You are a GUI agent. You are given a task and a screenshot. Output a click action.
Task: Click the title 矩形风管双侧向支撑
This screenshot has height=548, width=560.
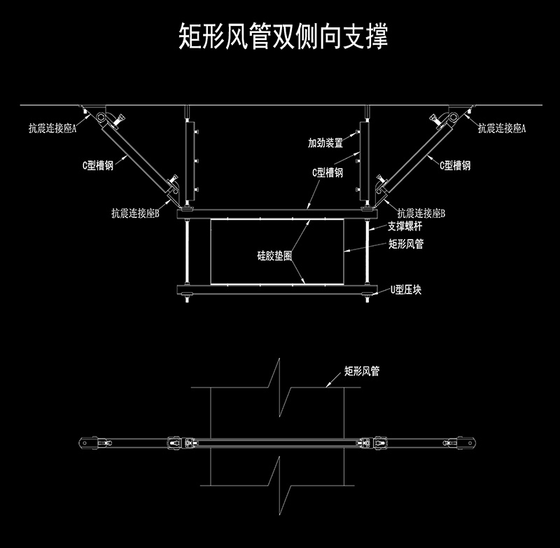(283, 36)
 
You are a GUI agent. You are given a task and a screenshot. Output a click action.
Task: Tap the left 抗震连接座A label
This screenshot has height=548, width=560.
(52, 128)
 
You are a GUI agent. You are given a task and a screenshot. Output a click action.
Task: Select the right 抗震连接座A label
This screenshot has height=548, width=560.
(502, 128)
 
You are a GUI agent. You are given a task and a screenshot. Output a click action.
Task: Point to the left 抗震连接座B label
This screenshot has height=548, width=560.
(135, 214)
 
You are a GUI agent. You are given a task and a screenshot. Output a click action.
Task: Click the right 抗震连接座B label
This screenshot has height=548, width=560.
(421, 214)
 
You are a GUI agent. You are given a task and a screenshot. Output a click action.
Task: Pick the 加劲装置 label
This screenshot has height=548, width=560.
(325, 143)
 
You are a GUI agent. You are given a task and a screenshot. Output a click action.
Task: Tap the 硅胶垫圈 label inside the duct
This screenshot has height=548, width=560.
(274, 256)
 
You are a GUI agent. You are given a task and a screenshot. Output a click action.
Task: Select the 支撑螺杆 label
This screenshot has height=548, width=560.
(405, 226)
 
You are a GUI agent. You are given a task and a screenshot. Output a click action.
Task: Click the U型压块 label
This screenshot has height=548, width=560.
(406, 289)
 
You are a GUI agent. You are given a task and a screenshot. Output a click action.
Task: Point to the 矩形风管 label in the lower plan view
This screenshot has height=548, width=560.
(362, 371)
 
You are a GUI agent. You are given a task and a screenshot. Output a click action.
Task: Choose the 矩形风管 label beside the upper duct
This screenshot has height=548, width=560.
(406, 244)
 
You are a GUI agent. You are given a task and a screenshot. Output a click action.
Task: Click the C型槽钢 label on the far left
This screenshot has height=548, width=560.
(98, 165)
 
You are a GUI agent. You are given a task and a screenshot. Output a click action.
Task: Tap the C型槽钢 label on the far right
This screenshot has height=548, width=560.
(455, 165)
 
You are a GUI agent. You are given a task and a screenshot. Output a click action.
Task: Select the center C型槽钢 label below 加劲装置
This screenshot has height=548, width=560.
(328, 172)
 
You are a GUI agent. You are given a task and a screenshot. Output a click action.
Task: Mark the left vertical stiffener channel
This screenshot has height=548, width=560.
(190, 161)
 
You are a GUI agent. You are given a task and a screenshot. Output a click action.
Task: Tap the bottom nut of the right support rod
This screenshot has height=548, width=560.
(367, 295)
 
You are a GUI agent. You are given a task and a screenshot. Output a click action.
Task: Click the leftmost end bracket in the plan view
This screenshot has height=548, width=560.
(88, 444)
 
